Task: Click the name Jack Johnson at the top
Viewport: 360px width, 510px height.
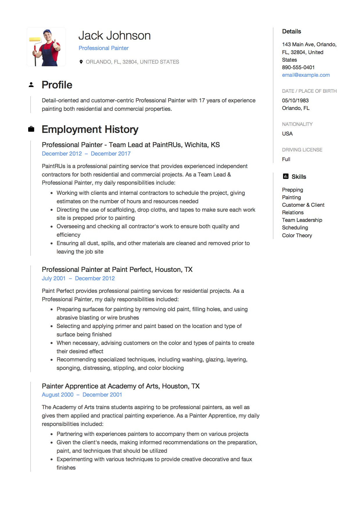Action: click(x=114, y=36)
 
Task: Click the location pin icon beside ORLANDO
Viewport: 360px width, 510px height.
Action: click(x=81, y=62)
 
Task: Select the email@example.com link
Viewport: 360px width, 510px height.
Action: click(x=306, y=75)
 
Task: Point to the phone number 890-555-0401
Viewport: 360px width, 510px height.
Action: click(x=298, y=67)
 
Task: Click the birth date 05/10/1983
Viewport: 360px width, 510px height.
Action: click(x=295, y=101)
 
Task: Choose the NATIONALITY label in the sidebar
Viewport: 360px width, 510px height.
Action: click(x=297, y=124)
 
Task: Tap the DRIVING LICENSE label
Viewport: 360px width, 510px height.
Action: click(x=302, y=150)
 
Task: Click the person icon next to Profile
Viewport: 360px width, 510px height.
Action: click(x=31, y=85)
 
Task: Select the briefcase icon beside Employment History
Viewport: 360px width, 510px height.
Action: click(x=31, y=129)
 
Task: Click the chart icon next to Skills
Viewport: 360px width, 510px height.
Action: click(x=285, y=176)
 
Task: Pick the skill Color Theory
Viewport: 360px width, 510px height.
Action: click(x=297, y=236)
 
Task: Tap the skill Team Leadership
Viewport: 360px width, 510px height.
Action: click(x=302, y=220)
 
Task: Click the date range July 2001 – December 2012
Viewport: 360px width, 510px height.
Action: click(x=78, y=278)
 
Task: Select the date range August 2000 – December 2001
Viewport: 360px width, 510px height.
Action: click(x=82, y=395)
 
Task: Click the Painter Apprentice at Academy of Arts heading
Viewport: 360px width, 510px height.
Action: click(x=121, y=386)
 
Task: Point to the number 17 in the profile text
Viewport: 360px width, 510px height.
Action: click(x=202, y=101)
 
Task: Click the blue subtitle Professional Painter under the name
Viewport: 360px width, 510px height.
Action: click(x=103, y=48)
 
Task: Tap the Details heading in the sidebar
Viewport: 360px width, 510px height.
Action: click(x=291, y=31)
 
